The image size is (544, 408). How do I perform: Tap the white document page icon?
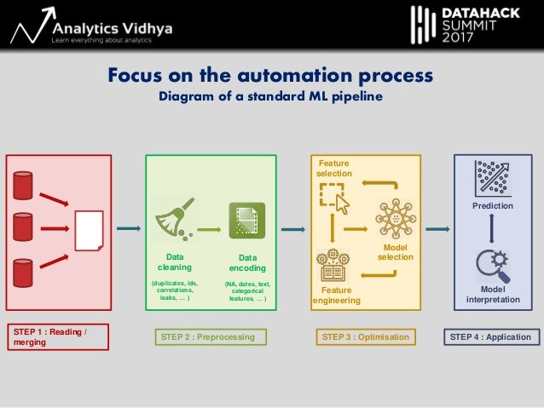click(x=89, y=229)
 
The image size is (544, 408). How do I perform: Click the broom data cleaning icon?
click(x=174, y=220)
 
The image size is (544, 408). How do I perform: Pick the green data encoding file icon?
click(x=247, y=221)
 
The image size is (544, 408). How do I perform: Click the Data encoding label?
click(x=247, y=261)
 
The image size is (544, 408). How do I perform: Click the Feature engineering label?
click(x=336, y=296)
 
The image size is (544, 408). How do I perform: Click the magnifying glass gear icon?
click(x=493, y=265)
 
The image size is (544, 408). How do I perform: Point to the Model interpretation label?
click(x=493, y=295)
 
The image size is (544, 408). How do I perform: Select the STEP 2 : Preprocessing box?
click(x=207, y=337)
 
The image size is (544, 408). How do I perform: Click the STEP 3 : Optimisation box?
click(x=367, y=337)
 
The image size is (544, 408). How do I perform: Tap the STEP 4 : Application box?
click(x=490, y=337)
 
